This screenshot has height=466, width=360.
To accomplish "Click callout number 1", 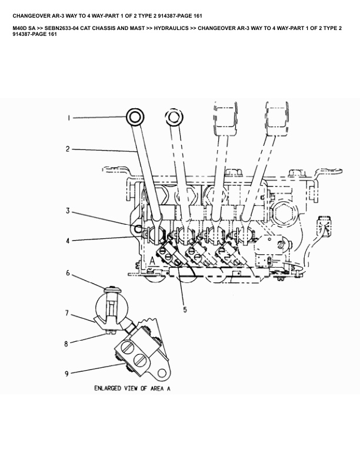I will pyautogui.click(x=69, y=118).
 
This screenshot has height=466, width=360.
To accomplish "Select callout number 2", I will pyautogui.click(x=68, y=149).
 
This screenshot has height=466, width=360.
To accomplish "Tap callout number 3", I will pyautogui.click(x=68, y=210).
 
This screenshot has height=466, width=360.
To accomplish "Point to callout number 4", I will pyautogui.click(x=68, y=240).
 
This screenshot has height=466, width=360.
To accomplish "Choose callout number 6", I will pyautogui.click(x=68, y=273).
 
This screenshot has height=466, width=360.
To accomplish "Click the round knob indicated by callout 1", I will pyautogui.click(x=135, y=117).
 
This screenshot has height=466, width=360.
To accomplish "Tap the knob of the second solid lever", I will pyautogui.click(x=171, y=118).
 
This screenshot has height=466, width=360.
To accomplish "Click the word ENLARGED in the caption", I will pyautogui.click(x=108, y=389).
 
